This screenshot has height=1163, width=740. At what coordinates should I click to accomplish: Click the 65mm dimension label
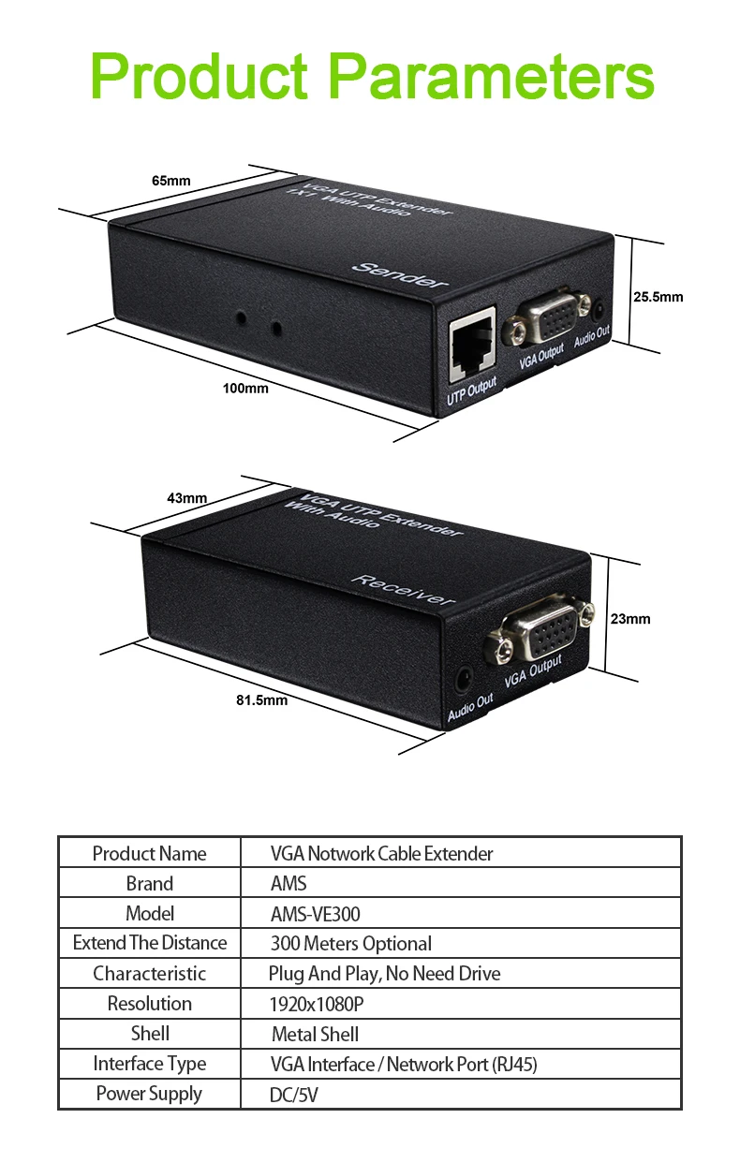[x=171, y=181]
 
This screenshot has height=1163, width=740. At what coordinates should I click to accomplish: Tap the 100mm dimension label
[x=245, y=388]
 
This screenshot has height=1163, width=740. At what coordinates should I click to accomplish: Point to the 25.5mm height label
[x=658, y=298]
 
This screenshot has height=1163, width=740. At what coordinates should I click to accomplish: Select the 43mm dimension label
[x=187, y=498]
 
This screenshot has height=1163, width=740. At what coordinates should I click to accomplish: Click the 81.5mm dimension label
[x=262, y=699]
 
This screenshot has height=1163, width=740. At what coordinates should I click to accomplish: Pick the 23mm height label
[x=630, y=619]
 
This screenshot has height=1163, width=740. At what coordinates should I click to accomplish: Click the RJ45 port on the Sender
[x=472, y=348]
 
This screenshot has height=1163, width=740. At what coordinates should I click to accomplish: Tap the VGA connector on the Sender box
[x=551, y=321]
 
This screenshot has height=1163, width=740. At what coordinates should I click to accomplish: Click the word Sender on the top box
[x=400, y=274]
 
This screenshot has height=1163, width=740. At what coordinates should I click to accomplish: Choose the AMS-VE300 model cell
[x=316, y=914]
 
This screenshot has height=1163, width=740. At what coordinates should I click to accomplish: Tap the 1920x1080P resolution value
[x=317, y=1004]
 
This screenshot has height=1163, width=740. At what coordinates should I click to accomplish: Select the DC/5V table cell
[x=294, y=1094]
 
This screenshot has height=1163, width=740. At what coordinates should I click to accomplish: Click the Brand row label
[x=150, y=884]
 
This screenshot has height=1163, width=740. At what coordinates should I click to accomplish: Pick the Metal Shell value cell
[x=316, y=1034]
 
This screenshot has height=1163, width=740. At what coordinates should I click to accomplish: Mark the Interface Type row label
[x=150, y=1064]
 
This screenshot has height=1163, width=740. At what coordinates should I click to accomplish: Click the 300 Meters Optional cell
[x=351, y=944]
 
